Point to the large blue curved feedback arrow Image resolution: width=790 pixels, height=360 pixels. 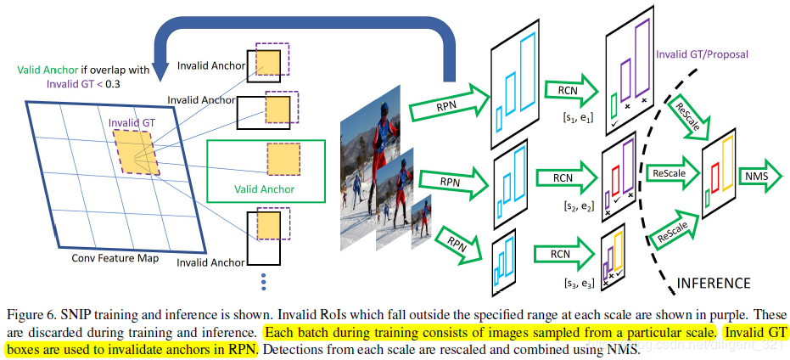click(305, 34)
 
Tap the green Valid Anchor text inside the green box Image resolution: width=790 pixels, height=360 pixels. click(265, 188)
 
